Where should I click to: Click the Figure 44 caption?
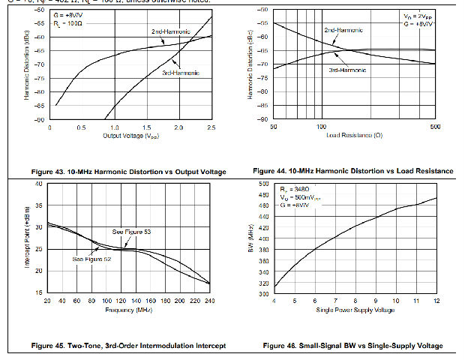(353, 171)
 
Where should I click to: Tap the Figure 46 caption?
(352, 346)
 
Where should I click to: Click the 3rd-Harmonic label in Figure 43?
(181, 73)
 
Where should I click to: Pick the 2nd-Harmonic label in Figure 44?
(343, 31)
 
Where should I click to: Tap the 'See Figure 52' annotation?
(91, 259)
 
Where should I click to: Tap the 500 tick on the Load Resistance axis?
(434, 127)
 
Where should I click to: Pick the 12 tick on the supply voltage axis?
(436, 301)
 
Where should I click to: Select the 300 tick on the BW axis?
(263, 294)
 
